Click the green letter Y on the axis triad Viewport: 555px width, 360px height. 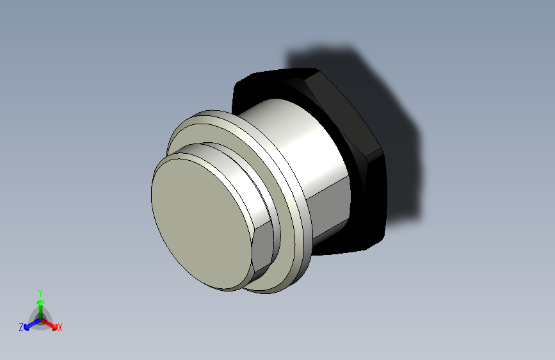40,292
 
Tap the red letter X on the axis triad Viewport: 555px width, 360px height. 60,327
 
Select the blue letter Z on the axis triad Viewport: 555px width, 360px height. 21,327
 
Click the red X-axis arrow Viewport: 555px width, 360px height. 51,323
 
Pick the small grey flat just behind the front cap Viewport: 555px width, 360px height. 262,250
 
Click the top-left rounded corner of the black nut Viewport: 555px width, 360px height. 243,83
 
